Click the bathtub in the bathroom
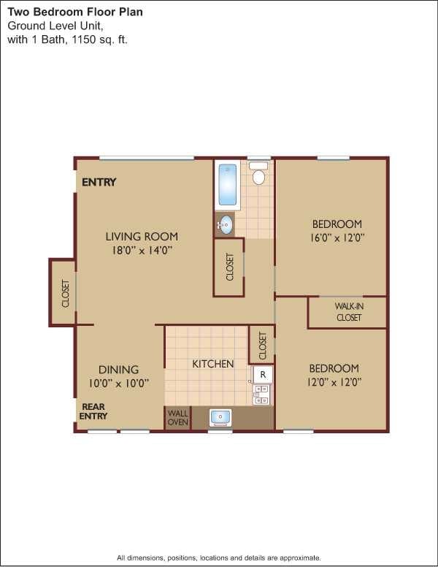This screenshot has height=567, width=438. tap(228, 185)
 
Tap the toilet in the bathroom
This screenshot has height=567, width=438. tap(258, 175)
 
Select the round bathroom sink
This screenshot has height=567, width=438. tap(226, 224)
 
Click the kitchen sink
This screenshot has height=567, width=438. tap(220, 418)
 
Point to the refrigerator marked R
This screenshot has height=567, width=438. tap(263, 375)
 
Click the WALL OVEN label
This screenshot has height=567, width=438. tap(177, 418)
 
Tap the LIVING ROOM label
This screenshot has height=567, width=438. tap(142, 236)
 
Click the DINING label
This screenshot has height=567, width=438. tap(118, 370)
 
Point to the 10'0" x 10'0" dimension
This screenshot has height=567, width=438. tap(119, 383)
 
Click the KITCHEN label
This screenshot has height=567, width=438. tap(213, 364)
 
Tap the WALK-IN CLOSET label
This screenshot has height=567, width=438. tap(348, 312)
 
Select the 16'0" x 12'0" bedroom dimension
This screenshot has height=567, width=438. tap(337, 237)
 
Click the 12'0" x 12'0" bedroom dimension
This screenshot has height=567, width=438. tap(334, 381)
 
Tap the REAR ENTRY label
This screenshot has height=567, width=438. tap(94, 411)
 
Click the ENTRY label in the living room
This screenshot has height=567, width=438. tap(99, 183)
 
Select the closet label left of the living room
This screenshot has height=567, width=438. tap(65, 293)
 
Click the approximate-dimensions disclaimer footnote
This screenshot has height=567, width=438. tap(219, 558)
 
